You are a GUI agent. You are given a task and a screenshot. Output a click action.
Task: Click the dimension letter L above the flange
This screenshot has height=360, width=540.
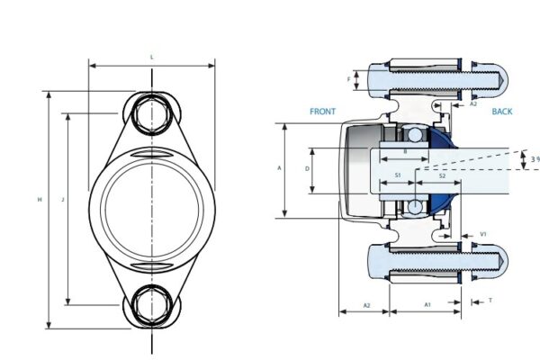pyautogui.click(x=151, y=58)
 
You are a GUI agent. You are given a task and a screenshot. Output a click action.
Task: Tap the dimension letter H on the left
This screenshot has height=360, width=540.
pyautogui.click(x=40, y=199)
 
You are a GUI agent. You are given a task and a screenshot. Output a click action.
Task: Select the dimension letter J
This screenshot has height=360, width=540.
pyautogui.click(x=61, y=199)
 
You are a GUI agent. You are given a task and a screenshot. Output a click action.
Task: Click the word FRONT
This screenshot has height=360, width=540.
pyautogui.click(x=322, y=112)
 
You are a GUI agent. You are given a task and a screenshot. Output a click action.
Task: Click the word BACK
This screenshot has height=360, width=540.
pyautogui.click(x=502, y=112)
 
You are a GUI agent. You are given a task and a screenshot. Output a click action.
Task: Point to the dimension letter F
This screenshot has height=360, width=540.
pyautogui.click(x=349, y=79)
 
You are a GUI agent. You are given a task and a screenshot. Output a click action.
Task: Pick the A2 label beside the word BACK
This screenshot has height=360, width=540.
pyautogui.click(x=473, y=104)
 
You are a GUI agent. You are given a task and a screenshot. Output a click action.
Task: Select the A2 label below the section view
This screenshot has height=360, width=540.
pyautogui.click(x=367, y=305)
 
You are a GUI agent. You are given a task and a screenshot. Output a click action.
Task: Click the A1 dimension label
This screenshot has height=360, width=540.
pyautogui.click(x=427, y=305)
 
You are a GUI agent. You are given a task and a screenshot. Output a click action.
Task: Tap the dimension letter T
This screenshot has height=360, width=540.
pyautogui.click(x=490, y=301)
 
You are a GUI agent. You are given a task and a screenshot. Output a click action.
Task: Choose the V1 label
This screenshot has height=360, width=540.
pyautogui.click(x=483, y=234)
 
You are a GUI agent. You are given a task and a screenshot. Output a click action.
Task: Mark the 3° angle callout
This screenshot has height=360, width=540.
pyautogui.click(x=535, y=159)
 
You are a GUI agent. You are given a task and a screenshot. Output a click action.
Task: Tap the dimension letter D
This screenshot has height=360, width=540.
pyautogui.click(x=308, y=168)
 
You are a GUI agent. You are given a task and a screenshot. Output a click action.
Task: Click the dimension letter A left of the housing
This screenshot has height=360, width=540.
pyautogui.click(x=279, y=168)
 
